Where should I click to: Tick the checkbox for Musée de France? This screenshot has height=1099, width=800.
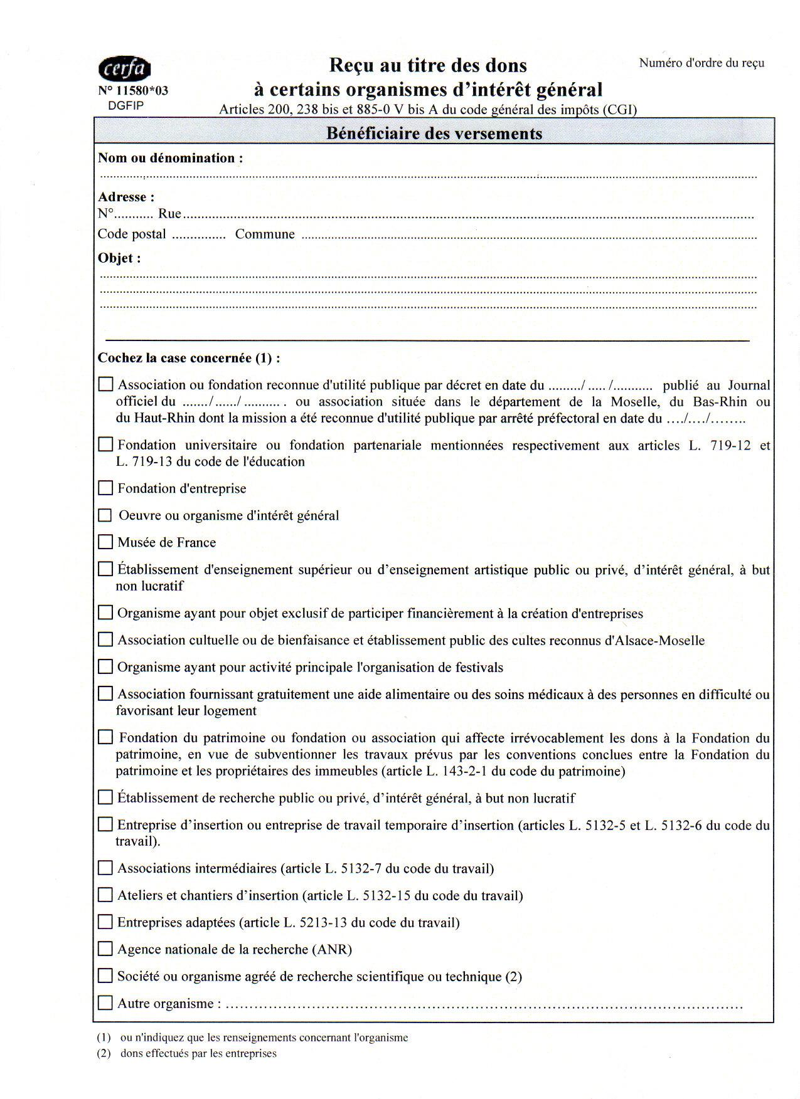[x=106, y=542]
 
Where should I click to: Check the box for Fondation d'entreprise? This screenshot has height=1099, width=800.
[x=106, y=488]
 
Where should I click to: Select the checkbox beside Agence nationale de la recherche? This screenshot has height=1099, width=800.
[x=106, y=949]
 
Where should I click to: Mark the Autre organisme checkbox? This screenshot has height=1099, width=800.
[x=106, y=1002]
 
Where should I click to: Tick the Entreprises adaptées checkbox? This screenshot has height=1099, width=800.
[x=106, y=922]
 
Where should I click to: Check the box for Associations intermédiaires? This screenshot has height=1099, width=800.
[x=106, y=868]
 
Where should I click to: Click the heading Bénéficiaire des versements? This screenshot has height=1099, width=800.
[x=434, y=134]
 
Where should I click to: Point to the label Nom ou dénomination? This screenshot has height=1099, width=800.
[x=170, y=158]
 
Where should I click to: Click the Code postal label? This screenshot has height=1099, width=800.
[x=132, y=234]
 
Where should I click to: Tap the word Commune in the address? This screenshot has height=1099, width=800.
[x=265, y=234]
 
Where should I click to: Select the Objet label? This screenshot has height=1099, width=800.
[x=119, y=258]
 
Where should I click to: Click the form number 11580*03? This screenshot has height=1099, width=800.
[x=133, y=91]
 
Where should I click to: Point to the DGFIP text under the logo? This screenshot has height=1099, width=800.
[x=126, y=105]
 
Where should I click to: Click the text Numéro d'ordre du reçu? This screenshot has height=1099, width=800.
[x=701, y=63]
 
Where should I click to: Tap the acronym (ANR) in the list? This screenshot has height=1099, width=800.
[x=332, y=949]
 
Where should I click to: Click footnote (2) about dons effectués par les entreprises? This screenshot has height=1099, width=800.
[x=187, y=1053]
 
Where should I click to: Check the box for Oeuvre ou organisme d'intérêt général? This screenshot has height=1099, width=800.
[x=106, y=515]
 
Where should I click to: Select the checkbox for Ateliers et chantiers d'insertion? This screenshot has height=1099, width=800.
[x=106, y=895]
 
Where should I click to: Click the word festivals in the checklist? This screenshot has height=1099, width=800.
[x=479, y=668]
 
